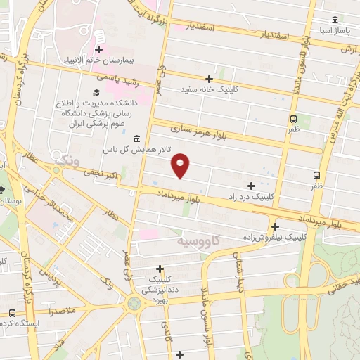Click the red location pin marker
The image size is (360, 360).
coord(181,165)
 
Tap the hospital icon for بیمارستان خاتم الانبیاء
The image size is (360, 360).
coord(99,49)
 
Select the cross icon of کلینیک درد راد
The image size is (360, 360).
coord(251,186)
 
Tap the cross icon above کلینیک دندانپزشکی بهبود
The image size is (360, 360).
coord(160,268)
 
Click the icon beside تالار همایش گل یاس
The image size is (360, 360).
coord(135,139)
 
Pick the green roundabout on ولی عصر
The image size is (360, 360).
coord(134,304)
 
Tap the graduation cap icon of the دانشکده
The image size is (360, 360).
coord(96,92)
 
